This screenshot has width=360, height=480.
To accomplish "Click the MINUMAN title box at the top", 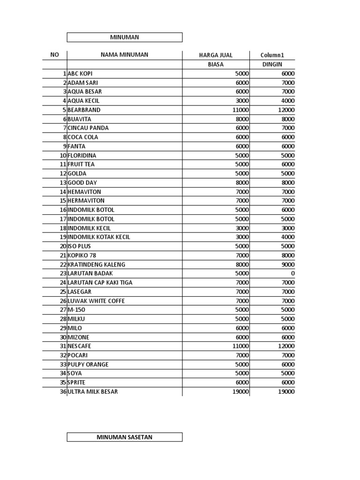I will click(124, 37).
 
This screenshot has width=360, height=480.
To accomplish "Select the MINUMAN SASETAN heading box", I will click(124, 437).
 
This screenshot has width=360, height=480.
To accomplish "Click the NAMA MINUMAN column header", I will click(124, 55).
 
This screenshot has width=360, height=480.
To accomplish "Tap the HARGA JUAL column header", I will click(216, 55).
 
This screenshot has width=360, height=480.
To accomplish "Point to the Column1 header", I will click(272, 55).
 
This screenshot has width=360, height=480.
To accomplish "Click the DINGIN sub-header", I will click(272, 65).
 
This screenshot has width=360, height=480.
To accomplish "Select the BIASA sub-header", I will click(216, 65).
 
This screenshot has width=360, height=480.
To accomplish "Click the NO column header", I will click(54, 55).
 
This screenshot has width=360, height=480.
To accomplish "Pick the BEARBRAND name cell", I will click(84, 110).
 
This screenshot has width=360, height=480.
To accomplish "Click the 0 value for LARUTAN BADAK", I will click(292, 273).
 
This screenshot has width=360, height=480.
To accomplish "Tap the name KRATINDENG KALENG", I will click(97, 264).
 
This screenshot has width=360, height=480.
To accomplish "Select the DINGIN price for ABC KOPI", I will click(287, 74).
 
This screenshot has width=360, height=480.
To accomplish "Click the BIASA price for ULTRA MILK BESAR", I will click(240, 391).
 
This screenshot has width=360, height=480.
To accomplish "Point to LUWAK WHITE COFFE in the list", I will click(97, 301).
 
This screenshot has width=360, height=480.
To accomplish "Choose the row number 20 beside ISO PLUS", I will click(62, 246).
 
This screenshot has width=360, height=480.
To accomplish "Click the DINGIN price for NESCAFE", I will click(286, 346).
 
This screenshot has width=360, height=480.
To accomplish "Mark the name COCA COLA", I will click(83, 137).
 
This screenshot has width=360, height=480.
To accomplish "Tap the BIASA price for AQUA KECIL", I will click(242, 101).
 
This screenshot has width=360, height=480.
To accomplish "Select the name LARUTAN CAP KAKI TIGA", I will click(100, 283).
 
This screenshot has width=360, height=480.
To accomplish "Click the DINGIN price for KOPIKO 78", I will click(287, 255).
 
